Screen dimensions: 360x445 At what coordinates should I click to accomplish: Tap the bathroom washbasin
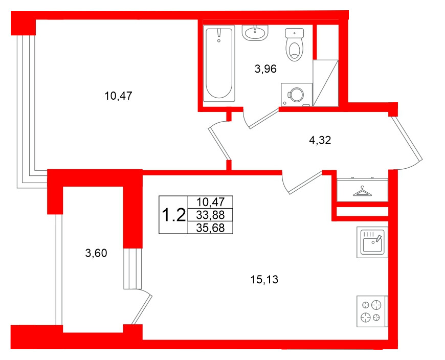click(x=255, y=33)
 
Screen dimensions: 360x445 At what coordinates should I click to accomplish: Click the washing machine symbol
click(x=296, y=94)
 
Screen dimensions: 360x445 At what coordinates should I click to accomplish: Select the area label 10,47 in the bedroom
click(x=118, y=95)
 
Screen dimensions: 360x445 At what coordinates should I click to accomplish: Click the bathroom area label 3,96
click(x=265, y=70)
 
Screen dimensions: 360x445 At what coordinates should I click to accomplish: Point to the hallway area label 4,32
click(x=321, y=141)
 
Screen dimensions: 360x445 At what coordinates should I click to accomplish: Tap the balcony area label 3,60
click(x=96, y=253)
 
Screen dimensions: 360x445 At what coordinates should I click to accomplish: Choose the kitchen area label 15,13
click(x=265, y=279)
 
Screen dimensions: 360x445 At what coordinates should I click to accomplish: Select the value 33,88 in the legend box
click(x=210, y=215)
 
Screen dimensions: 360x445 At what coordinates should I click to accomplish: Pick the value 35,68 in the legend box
click(x=210, y=228)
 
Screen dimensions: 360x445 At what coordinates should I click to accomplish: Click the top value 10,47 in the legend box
click(x=210, y=202)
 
